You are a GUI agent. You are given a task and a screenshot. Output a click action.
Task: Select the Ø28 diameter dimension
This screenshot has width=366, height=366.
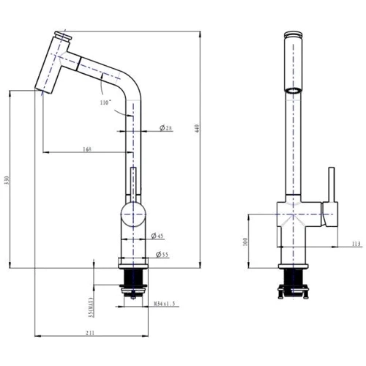pos(165,129)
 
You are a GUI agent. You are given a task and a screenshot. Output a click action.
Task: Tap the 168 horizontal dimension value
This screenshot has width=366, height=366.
pos(88,149)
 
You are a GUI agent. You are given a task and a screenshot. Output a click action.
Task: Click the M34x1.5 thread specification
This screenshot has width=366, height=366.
pos(163,303)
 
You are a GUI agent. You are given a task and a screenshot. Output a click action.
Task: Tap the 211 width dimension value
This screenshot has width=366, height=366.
pos(89,334)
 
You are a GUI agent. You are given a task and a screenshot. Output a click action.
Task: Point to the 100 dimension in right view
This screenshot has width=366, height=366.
pos(244,240)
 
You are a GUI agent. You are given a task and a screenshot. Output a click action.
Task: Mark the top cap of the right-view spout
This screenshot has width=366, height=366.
pos(293,34)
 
